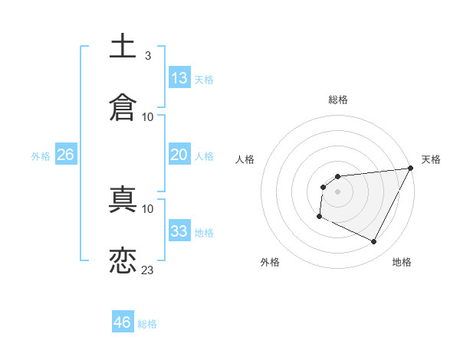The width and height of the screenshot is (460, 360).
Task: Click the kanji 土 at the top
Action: [x=123, y=46]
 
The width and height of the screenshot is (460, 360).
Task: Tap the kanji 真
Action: [x=123, y=199]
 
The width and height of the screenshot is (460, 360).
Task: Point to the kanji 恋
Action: [x=123, y=260]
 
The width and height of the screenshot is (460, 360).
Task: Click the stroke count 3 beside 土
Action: [x=147, y=56]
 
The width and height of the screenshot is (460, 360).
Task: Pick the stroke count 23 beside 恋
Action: [x=148, y=270]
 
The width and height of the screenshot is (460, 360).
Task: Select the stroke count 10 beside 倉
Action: [x=148, y=116]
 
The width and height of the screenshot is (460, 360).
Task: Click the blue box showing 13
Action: [x=179, y=78]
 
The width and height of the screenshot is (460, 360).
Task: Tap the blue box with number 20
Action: [x=179, y=155]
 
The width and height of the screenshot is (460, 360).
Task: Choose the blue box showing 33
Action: [x=179, y=231]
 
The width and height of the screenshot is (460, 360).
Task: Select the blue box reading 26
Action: [x=65, y=155]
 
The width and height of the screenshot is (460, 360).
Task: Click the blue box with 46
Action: [x=123, y=322]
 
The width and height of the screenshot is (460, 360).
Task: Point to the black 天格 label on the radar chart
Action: [x=431, y=159]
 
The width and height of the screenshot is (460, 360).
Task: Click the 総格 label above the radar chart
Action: [x=338, y=100]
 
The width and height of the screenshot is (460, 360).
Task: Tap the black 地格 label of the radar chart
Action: [x=402, y=262]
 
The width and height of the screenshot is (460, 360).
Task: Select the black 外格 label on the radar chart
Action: [x=270, y=262]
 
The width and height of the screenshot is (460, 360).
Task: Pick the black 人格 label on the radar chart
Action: [x=245, y=159]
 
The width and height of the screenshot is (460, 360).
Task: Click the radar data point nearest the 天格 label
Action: [x=411, y=169]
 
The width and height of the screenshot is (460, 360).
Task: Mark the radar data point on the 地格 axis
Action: [x=374, y=242]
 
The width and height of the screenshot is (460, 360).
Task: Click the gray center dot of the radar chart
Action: [x=337, y=191]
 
